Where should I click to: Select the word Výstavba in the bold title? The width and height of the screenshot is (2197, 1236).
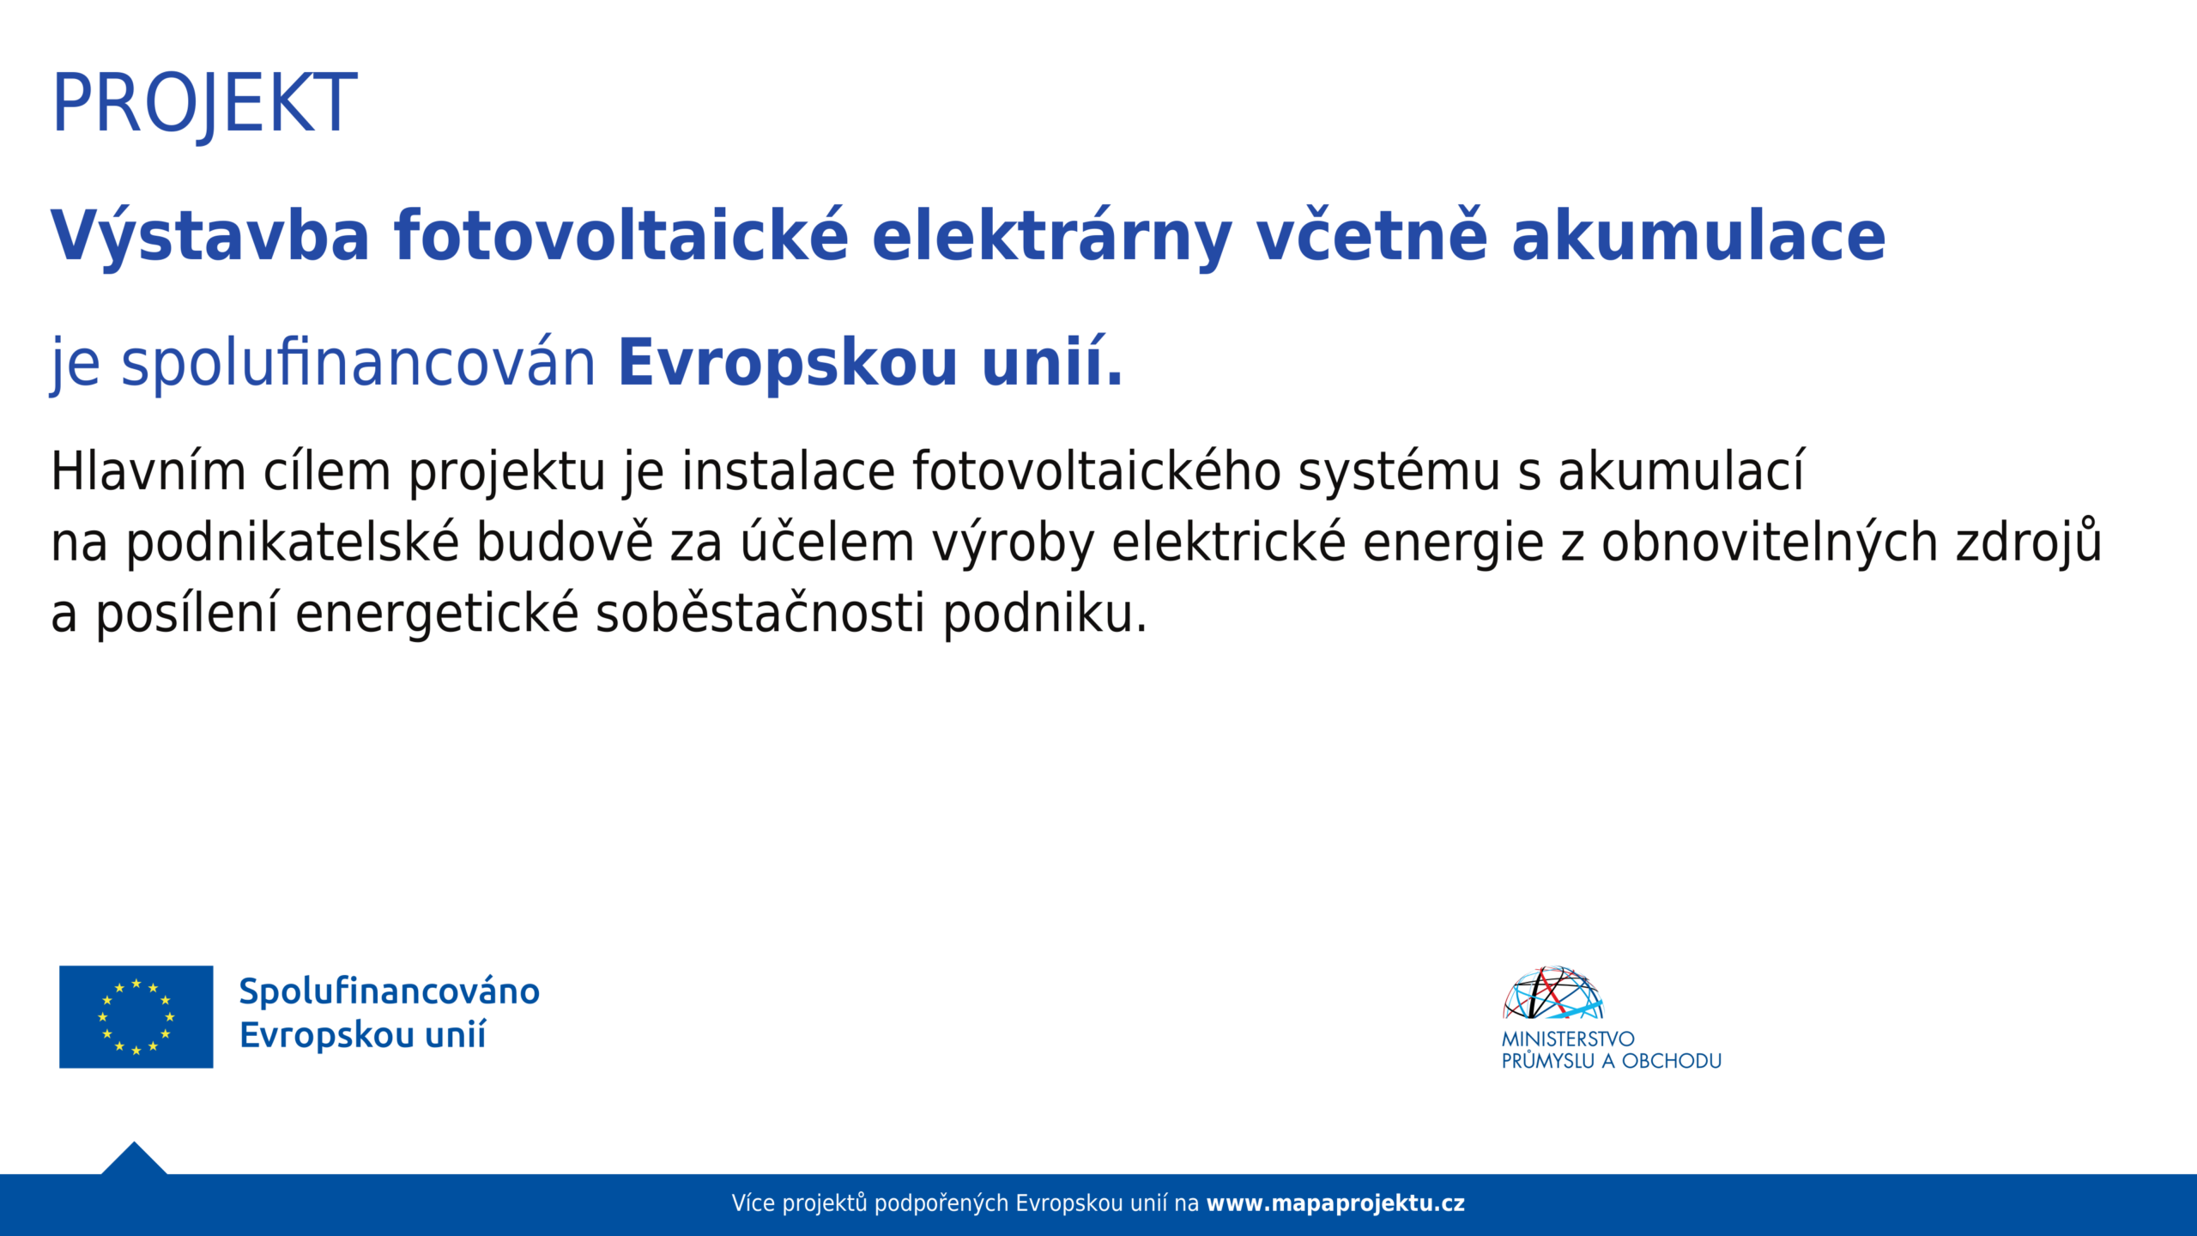point(210,236)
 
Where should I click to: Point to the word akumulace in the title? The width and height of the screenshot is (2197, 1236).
point(1698,236)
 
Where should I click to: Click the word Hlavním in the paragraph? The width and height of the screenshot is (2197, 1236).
point(148,471)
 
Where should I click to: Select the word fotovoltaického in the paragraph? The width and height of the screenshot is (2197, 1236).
point(1097,471)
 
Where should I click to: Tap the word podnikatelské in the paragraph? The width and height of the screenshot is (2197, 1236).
point(293,543)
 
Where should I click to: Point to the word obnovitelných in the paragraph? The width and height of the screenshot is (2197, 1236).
point(1770,543)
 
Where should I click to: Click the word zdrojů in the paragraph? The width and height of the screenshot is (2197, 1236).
point(2029,542)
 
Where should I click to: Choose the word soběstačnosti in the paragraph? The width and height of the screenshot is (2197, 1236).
point(760,614)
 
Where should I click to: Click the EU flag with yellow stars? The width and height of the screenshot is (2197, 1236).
point(136,1017)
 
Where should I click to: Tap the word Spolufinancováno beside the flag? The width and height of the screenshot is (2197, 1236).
point(390,991)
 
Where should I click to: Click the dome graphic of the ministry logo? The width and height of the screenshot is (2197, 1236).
point(1553,993)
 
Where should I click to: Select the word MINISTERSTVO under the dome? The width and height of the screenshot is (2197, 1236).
point(1568,1039)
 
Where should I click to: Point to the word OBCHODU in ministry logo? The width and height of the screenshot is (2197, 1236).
point(1672,1061)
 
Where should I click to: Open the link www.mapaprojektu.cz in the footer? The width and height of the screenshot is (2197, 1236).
point(1335,1203)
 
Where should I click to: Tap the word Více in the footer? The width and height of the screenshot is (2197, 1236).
point(754,1203)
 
